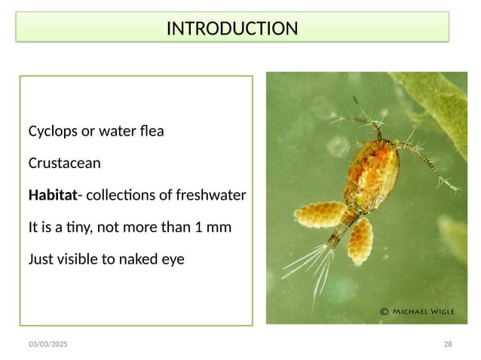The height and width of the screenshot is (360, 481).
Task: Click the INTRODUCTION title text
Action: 231,29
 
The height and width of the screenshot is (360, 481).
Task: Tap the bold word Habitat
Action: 53,196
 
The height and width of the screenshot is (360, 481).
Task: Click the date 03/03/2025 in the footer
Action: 47,344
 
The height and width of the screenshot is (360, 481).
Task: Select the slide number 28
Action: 448,344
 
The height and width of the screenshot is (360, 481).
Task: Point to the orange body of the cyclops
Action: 369,169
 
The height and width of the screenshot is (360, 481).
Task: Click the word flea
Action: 151,132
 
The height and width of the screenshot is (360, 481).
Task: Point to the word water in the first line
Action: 117,132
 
